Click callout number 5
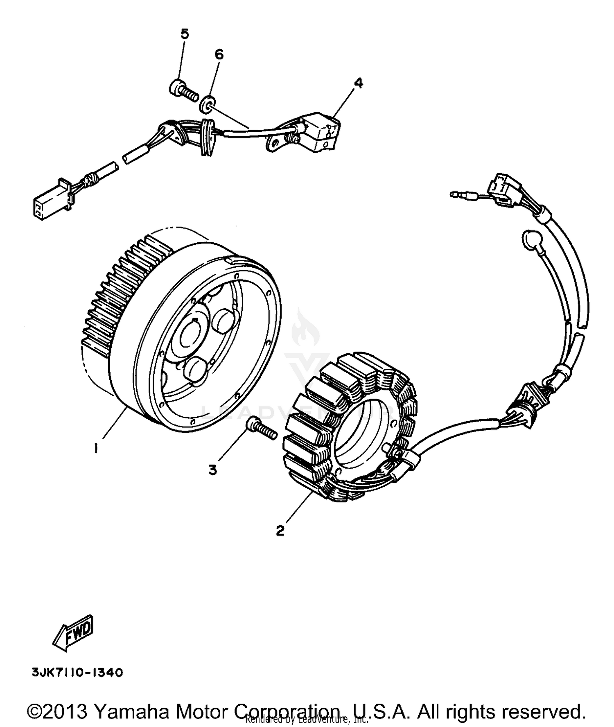(x=185, y=34)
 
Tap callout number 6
(x=219, y=54)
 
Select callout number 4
(x=358, y=83)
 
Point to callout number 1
(x=96, y=449)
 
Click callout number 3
(x=212, y=470)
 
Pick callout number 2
(x=280, y=531)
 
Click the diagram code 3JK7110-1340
(x=76, y=673)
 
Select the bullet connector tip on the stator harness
(x=454, y=194)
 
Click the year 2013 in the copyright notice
(x=65, y=701)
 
